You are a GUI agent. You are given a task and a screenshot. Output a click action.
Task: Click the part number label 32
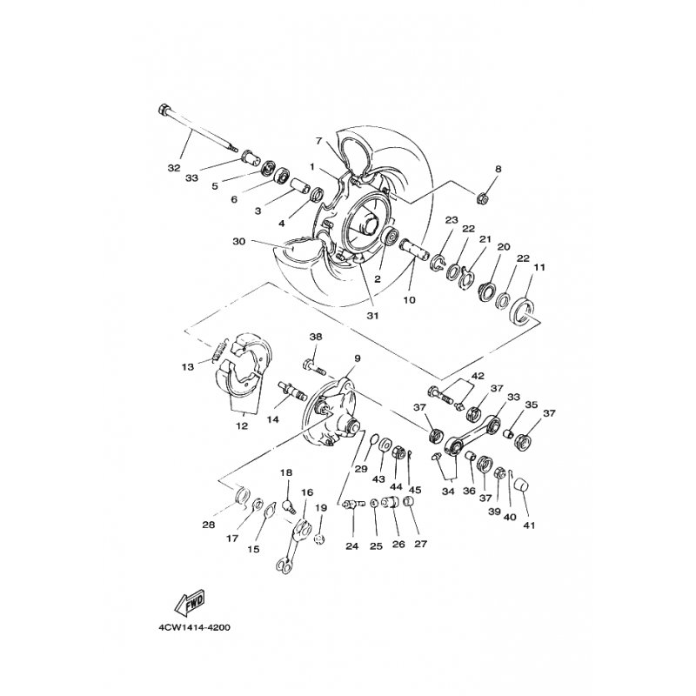(173, 166)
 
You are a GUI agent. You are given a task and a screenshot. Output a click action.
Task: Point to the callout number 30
(238, 242)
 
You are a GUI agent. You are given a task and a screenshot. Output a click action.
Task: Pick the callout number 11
(539, 268)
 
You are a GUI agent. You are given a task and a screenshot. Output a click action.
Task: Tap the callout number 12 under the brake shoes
(242, 426)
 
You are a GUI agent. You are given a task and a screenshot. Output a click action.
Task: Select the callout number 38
(315, 337)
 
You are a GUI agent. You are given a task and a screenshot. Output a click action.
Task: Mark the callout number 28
(208, 525)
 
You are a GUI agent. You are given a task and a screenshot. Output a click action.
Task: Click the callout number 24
(351, 547)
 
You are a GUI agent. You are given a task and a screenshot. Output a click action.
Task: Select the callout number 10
(409, 300)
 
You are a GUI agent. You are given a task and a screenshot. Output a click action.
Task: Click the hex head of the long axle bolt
(165, 110)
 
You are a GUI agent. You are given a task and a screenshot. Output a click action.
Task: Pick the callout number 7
(319, 141)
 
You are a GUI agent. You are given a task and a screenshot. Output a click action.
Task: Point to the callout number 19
(320, 508)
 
